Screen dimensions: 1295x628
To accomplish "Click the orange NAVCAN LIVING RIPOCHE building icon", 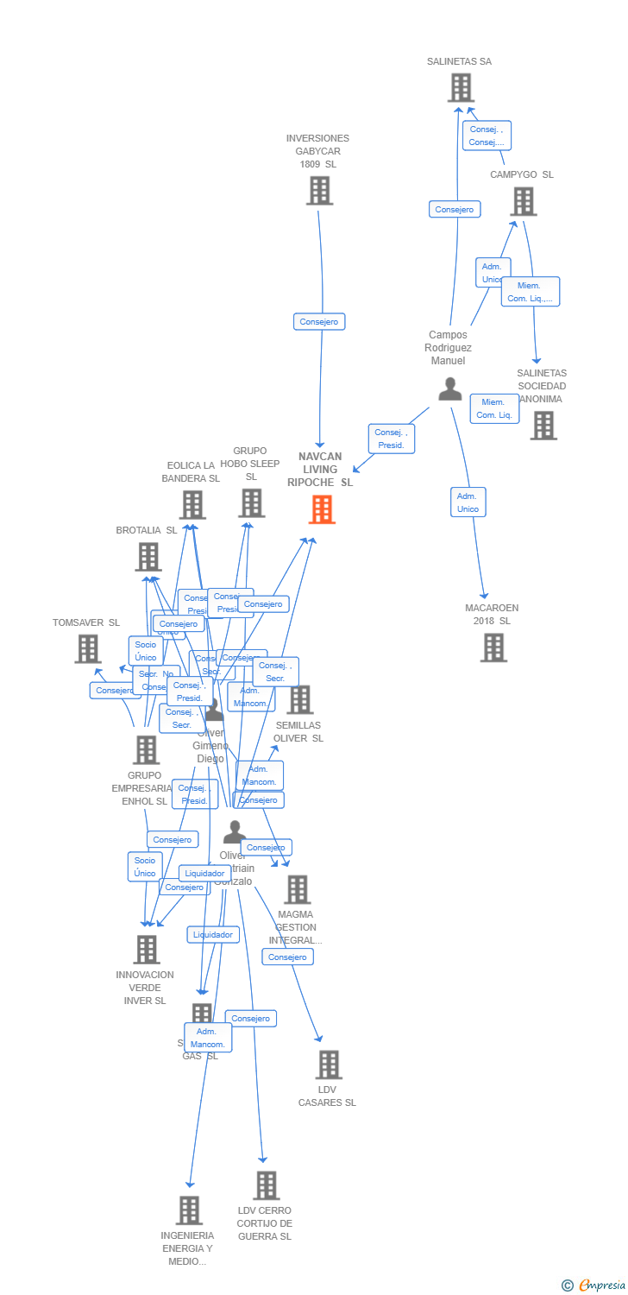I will click(322, 509).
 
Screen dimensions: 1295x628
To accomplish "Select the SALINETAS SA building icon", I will click(461, 88).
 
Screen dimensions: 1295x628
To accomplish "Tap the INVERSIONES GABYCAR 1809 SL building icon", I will click(319, 191).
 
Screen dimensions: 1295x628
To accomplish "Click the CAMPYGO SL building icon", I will click(523, 201).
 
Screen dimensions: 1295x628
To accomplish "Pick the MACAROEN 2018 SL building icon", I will click(493, 647).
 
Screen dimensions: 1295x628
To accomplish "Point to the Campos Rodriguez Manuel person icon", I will click(449, 389).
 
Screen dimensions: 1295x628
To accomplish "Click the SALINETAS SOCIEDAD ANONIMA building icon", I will click(543, 426).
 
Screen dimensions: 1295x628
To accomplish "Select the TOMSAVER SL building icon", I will click(87, 648).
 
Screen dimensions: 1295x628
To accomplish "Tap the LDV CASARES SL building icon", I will click(328, 1064).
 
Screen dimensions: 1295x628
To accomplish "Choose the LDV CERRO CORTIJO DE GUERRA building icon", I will click(267, 1185).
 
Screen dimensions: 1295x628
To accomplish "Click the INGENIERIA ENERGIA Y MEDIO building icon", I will click(189, 1210).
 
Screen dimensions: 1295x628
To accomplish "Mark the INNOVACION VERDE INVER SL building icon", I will click(147, 950).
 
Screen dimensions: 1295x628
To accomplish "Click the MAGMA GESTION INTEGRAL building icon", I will click(297, 889).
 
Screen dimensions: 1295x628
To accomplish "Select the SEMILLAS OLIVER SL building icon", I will click(299, 700).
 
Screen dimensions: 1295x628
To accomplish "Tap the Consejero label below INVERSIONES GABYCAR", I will click(319, 321).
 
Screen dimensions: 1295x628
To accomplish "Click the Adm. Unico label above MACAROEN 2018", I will click(468, 502).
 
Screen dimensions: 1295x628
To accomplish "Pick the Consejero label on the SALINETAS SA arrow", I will click(455, 209).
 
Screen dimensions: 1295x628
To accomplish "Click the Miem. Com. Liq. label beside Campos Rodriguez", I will click(494, 408).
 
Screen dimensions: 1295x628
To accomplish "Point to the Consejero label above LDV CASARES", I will click(287, 957).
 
